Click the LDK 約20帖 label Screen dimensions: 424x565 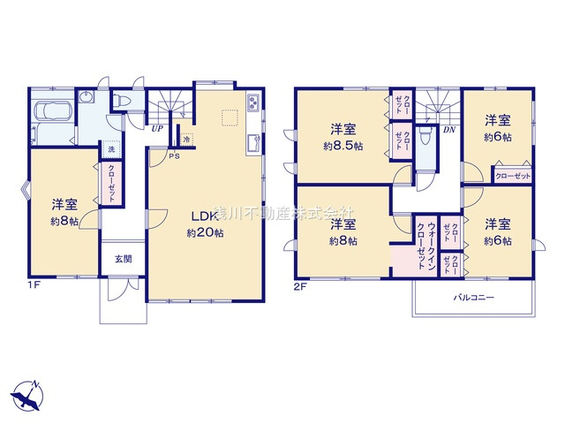204,224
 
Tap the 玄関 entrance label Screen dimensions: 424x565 123,259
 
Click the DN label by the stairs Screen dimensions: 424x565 448,130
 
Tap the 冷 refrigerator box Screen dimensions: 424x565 187,139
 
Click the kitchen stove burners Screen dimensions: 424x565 253,104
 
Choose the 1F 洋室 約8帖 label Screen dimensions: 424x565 64,210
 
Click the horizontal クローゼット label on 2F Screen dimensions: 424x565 513,176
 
